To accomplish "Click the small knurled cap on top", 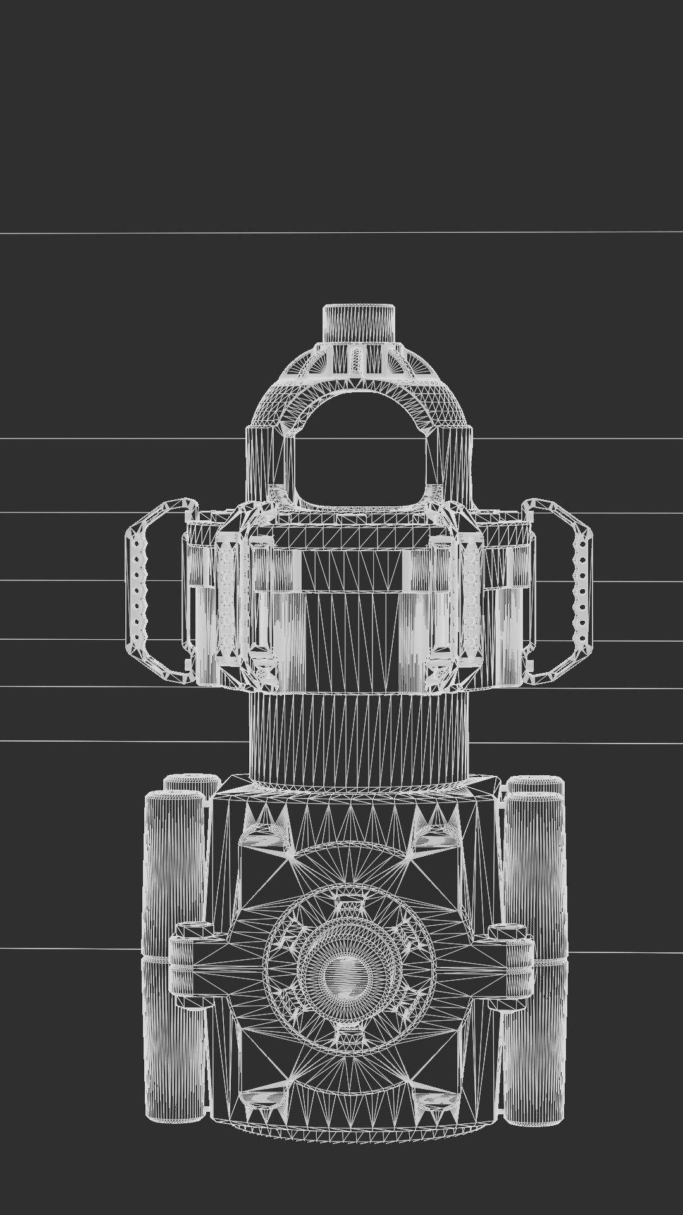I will point(359,323).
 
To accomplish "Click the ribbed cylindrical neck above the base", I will point(359,734).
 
